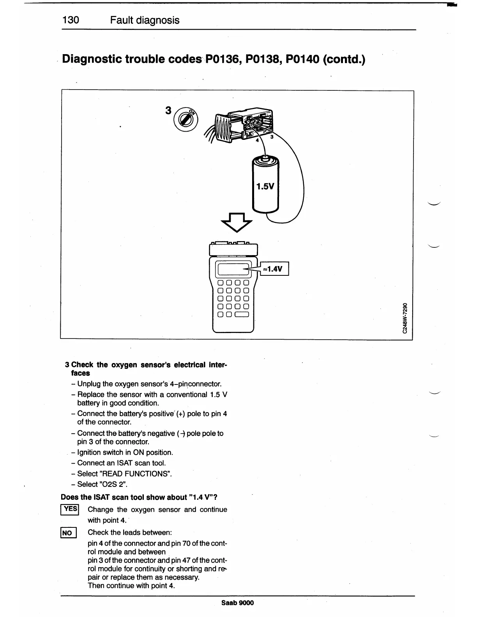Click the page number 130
point(71,20)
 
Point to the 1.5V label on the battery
point(265,186)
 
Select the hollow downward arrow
point(237,222)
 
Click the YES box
point(70,509)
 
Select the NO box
point(67,533)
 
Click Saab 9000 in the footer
point(237,603)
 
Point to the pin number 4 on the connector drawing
point(257,141)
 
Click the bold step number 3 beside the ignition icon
point(168,111)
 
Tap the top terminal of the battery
point(265,158)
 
